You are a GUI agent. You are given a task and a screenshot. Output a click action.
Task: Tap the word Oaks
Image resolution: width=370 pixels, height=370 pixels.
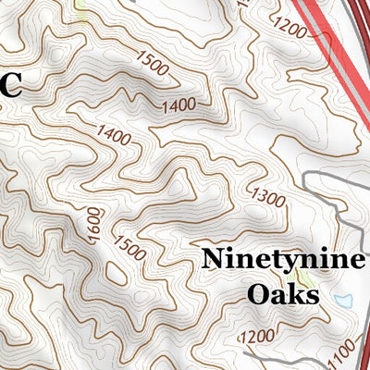pos(282,295)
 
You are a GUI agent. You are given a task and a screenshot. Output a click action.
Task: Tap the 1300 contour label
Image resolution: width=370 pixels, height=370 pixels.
pos(269,196)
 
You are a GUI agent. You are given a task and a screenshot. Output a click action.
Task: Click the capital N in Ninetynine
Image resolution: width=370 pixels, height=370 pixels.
pos(213,259)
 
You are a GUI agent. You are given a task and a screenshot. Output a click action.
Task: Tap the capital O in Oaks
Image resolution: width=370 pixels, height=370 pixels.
pos(258,295)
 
